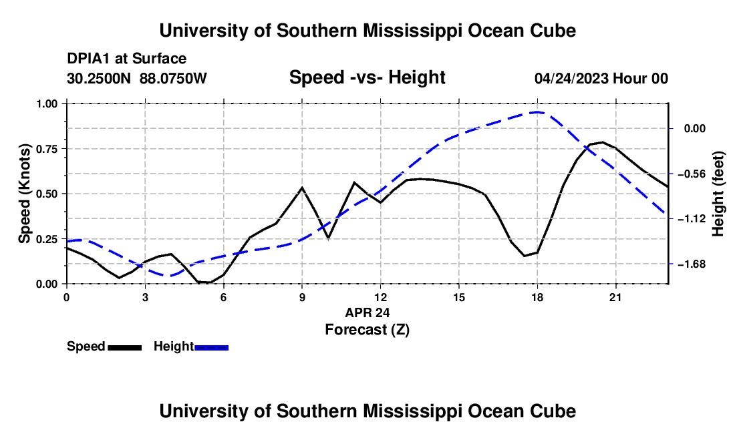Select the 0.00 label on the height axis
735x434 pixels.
tap(695, 129)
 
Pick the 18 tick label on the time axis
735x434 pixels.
tap(537, 297)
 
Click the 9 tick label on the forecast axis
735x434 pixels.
tap(302, 297)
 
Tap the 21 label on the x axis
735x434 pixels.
tap(615, 297)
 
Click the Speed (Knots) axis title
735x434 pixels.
tap(24, 194)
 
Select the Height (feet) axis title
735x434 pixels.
tap(718, 194)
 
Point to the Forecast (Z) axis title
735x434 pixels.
tap(367, 330)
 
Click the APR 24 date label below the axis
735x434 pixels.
tap(367, 312)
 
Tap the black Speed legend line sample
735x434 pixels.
tap(125, 347)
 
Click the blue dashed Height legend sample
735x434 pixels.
tap(211, 347)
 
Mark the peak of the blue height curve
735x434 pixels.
tap(537, 112)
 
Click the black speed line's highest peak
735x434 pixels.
tap(602, 142)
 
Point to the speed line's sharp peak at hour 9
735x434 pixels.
tap(302, 188)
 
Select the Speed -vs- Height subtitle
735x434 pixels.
tap(367, 77)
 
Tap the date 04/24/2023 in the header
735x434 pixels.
tap(571, 78)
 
